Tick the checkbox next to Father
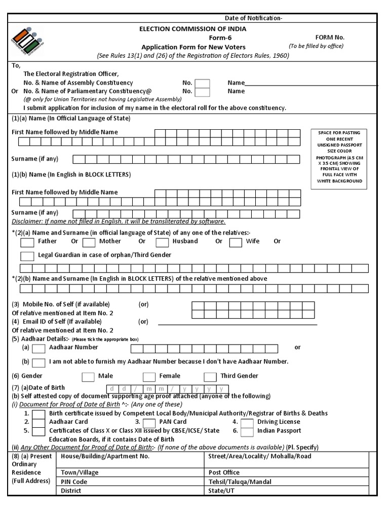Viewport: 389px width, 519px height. [x=27, y=242]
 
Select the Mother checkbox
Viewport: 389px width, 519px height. [x=89, y=242]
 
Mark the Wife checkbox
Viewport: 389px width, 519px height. [x=236, y=242]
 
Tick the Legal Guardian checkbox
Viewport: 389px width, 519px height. [x=27, y=256]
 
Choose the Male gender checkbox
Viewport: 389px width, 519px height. [x=88, y=377]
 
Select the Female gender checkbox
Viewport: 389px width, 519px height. [x=149, y=377]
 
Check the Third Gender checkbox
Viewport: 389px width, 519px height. [x=210, y=377]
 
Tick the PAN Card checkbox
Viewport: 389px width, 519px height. [x=149, y=423]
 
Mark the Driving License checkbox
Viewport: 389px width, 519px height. [x=247, y=423]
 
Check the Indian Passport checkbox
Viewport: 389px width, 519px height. [x=247, y=432]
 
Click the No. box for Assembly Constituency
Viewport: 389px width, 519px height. [x=202, y=83]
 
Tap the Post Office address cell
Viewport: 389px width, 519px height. [x=291, y=472]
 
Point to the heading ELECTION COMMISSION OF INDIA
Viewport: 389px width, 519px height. [x=193, y=29]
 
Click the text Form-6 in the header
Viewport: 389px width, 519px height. [x=220, y=38]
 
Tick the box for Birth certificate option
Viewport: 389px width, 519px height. [x=38, y=414]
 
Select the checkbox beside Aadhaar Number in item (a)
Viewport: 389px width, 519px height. [x=38, y=348]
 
